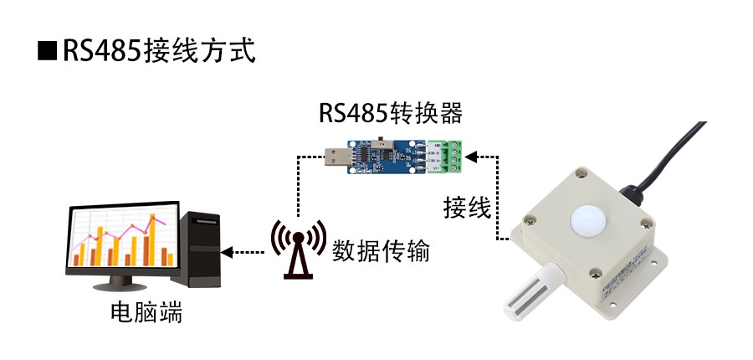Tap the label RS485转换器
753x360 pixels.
tap(390, 112)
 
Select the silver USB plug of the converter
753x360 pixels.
tap(339, 157)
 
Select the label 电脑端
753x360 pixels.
tap(146, 314)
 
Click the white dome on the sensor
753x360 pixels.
tap(589, 219)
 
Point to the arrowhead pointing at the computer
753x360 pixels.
tap(226, 251)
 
